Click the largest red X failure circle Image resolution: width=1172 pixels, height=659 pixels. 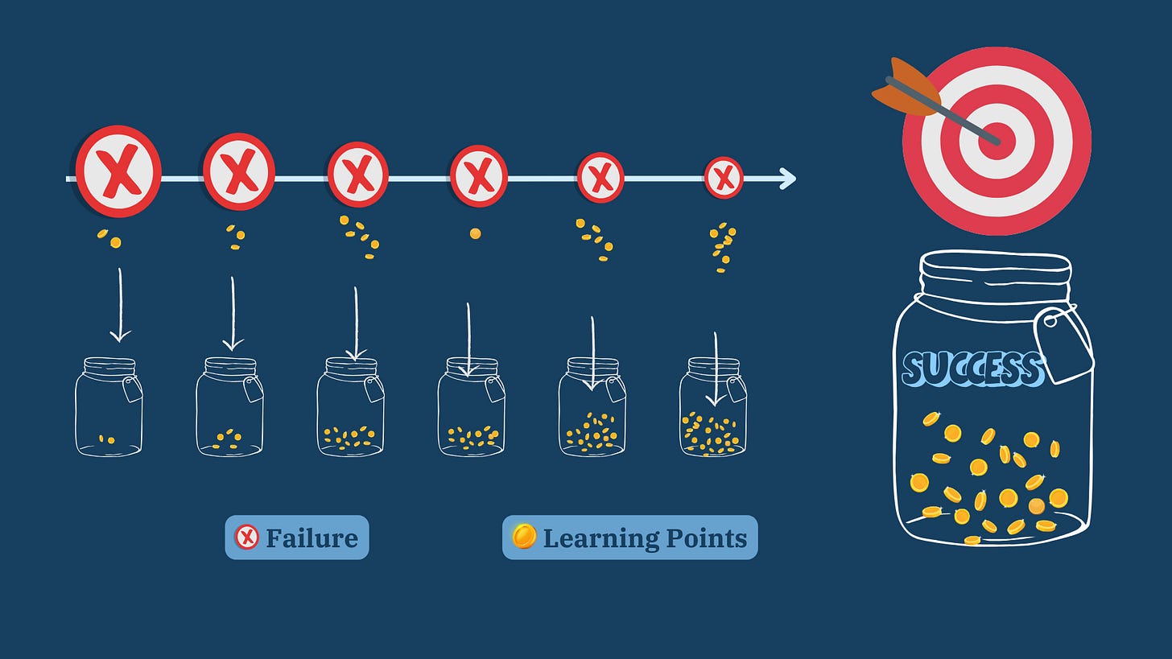(x=118, y=171)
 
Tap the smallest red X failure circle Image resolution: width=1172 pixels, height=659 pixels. (x=723, y=178)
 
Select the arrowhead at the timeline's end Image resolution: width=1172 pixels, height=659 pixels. (x=787, y=179)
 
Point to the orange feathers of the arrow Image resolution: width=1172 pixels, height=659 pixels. (x=903, y=88)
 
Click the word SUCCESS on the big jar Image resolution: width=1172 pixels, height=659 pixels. (x=972, y=369)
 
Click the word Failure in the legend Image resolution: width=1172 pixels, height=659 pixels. (x=312, y=537)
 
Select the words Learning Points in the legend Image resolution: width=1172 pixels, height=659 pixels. (x=645, y=537)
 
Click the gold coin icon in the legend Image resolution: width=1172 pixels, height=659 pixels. (x=524, y=536)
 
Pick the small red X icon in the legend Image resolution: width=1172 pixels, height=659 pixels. (x=246, y=537)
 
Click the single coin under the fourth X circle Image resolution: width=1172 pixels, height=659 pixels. (x=475, y=233)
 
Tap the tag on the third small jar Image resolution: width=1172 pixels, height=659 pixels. (x=373, y=389)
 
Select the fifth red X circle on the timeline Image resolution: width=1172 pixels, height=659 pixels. (x=600, y=177)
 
